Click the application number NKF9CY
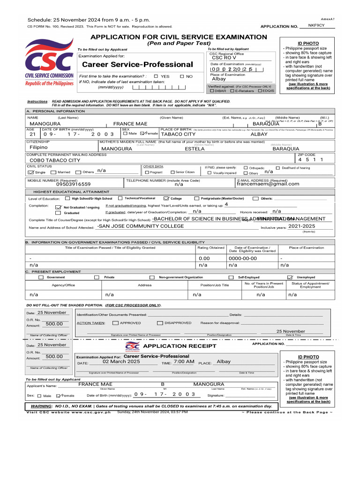click(316, 25)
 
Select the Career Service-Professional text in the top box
click(137, 64)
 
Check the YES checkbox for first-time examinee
click(156, 76)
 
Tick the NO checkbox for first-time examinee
click(182, 76)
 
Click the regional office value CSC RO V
click(224, 58)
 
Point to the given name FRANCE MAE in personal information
click(130, 124)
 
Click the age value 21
click(32, 134)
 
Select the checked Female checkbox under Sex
click(142, 134)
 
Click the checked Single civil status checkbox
click(30, 172)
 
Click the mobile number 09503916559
click(73, 184)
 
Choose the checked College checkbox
click(166, 198)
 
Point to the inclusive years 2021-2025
click(301, 226)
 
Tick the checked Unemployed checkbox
click(290, 277)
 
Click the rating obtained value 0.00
click(204, 258)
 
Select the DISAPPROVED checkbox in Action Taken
click(160, 323)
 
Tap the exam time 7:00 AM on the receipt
click(184, 362)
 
